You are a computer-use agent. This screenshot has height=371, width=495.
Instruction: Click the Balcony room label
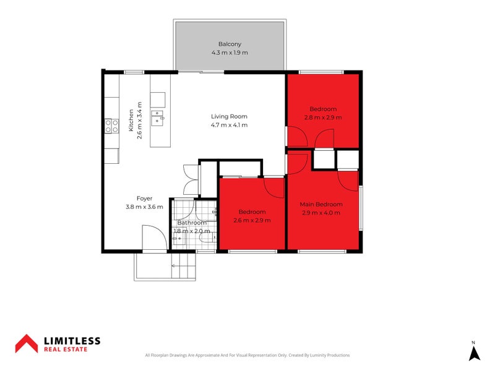tap(230, 44)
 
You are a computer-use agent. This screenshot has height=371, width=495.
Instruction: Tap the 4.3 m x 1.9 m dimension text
tap(230, 53)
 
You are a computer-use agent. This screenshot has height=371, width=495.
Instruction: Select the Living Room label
tap(229, 116)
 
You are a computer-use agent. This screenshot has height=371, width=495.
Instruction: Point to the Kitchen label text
tap(131, 120)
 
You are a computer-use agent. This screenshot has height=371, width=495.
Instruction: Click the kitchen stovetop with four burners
tap(112, 126)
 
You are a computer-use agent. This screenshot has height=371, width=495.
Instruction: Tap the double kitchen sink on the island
tap(157, 118)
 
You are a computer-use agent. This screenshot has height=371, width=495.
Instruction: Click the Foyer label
tap(144, 198)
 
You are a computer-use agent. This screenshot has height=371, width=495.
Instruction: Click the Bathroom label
tap(192, 223)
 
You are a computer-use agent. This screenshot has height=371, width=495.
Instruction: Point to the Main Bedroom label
tap(321, 204)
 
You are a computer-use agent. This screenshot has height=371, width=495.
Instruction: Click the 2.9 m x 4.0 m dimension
tap(321, 213)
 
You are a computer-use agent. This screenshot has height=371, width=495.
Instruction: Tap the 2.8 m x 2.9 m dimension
tap(323, 117)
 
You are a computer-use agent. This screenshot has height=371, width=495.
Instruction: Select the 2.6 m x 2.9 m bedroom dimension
tap(252, 220)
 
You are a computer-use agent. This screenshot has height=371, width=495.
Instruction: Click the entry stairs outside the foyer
tap(183, 266)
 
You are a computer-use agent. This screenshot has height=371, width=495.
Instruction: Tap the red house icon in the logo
tap(27, 344)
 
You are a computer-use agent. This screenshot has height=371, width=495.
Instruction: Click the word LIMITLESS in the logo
tap(72, 341)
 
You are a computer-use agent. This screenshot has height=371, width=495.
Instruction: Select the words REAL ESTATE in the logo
tap(66, 349)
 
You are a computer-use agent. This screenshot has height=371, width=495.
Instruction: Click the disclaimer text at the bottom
tap(247, 355)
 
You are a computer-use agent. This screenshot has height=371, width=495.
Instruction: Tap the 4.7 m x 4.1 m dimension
tap(229, 125)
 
